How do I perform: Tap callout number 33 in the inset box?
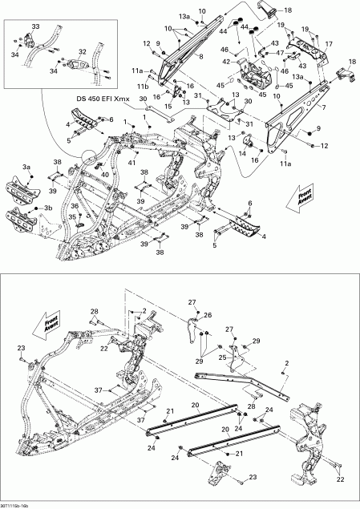pos(34,27)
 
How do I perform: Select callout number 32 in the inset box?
pos(82,51)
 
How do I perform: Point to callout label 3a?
pos(26,166)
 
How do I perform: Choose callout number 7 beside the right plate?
pos(325,106)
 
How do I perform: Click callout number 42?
pos(226,61)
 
